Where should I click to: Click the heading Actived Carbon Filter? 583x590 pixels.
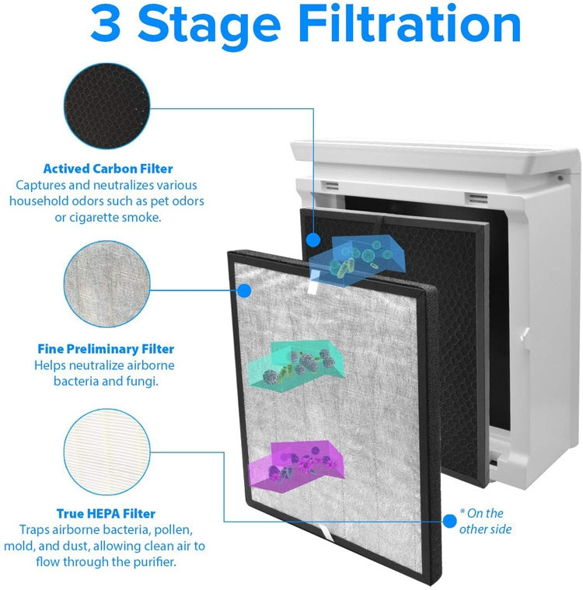[x=108, y=169]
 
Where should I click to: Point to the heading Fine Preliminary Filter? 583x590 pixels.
[x=106, y=349]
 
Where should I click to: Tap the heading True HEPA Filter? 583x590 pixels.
[x=106, y=514]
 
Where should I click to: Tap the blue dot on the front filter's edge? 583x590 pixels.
[x=243, y=291]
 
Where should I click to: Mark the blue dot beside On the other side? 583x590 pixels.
[x=449, y=519]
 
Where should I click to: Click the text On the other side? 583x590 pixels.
[x=485, y=522]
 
